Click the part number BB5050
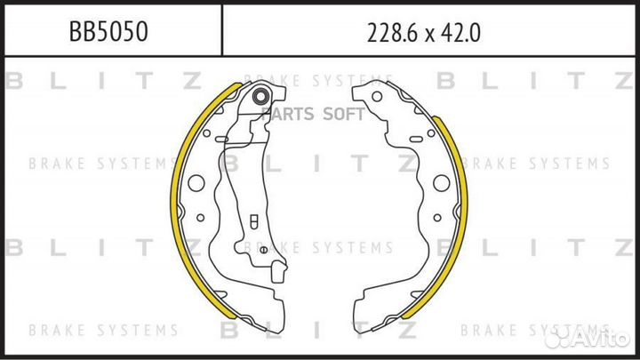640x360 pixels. click(108, 31)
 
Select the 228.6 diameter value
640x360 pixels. click(394, 33)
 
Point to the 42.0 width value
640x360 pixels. click(460, 33)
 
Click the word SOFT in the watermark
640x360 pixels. click(344, 114)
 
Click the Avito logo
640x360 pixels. click(588, 337)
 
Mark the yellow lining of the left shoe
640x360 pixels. click(176, 195)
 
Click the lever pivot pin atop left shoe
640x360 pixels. click(260, 97)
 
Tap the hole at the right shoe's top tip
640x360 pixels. click(377, 97)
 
